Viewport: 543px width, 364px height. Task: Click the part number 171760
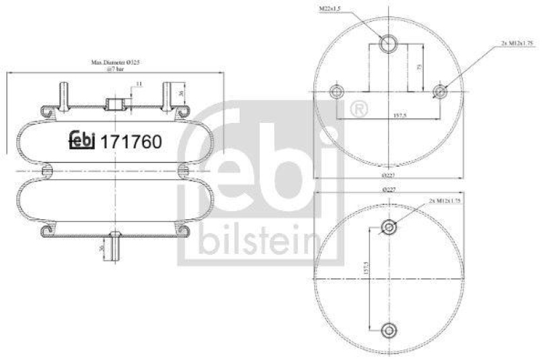[131, 142]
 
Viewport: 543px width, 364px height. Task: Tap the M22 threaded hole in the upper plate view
[388, 43]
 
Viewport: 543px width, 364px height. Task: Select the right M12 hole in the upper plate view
[441, 92]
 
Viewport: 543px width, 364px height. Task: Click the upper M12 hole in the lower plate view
[388, 227]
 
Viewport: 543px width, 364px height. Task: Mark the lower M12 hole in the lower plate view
[388, 330]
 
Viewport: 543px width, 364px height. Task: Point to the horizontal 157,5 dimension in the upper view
[388, 115]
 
